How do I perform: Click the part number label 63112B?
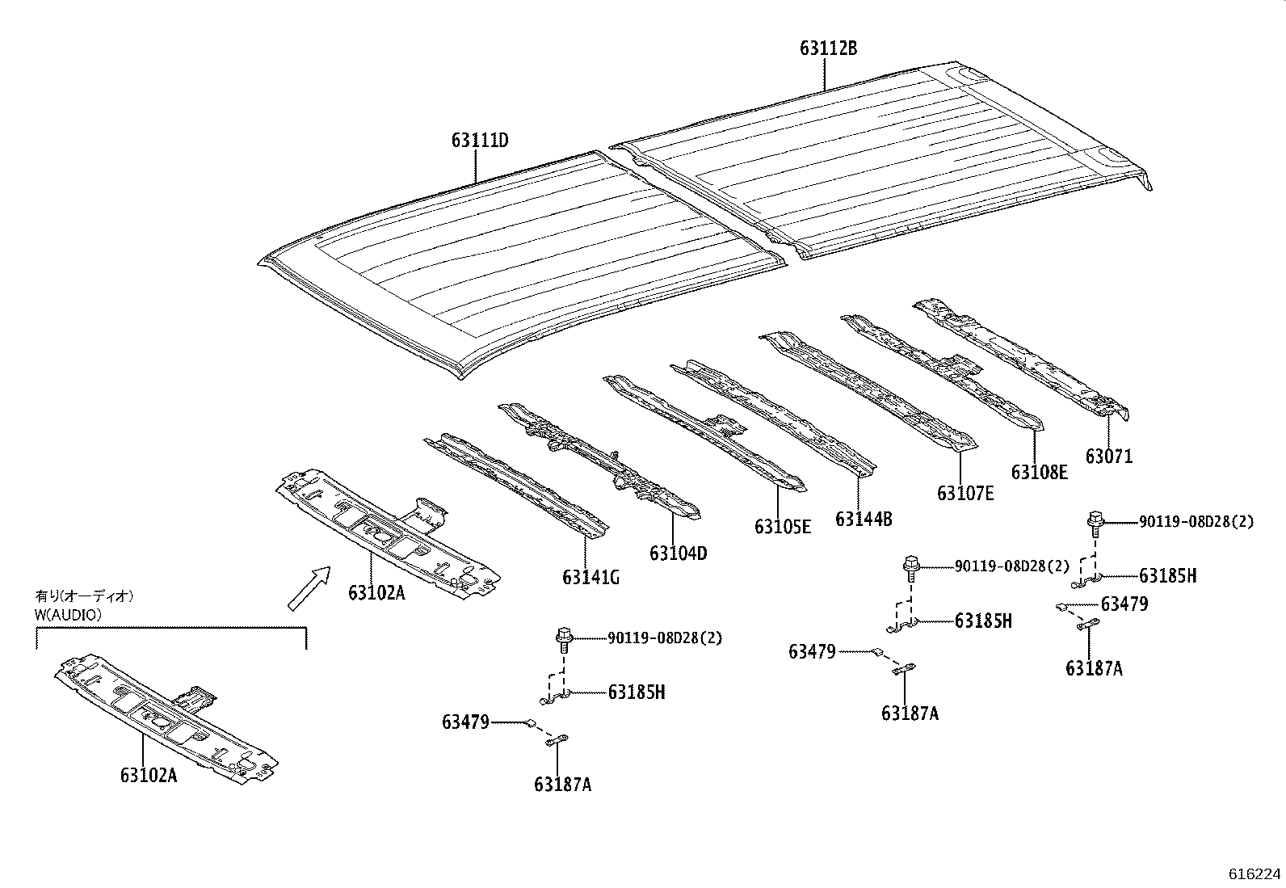pyautogui.click(x=828, y=48)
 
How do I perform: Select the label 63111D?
pyautogui.click(x=480, y=141)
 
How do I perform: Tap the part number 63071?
pyautogui.click(x=1108, y=457)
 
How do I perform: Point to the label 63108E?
pyautogui.click(x=1039, y=473)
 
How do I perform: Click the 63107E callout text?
pyautogui.click(x=965, y=493)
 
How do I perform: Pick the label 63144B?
pyautogui.click(x=864, y=519)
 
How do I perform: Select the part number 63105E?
pyautogui.click(x=783, y=527)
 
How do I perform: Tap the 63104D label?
pyautogui.click(x=678, y=553)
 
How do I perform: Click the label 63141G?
pyautogui.click(x=591, y=578)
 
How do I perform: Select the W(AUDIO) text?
pyautogui.click(x=69, y=614)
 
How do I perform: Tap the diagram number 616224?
pyautogui.click(x=1254, y=874)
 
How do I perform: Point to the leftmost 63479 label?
pyautogui.click(x=465, y=722)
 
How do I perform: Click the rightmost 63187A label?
pyautogui.click(x=1094, y=668)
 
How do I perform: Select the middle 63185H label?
pyautogui.click(x=983, y=621)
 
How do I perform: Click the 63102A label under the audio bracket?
pyautogui.click(x=149, y=776)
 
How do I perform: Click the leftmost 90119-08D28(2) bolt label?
pyautogui.click(x=665, y=638)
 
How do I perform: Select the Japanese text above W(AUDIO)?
pyautogui.click(x=83, y=596)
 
